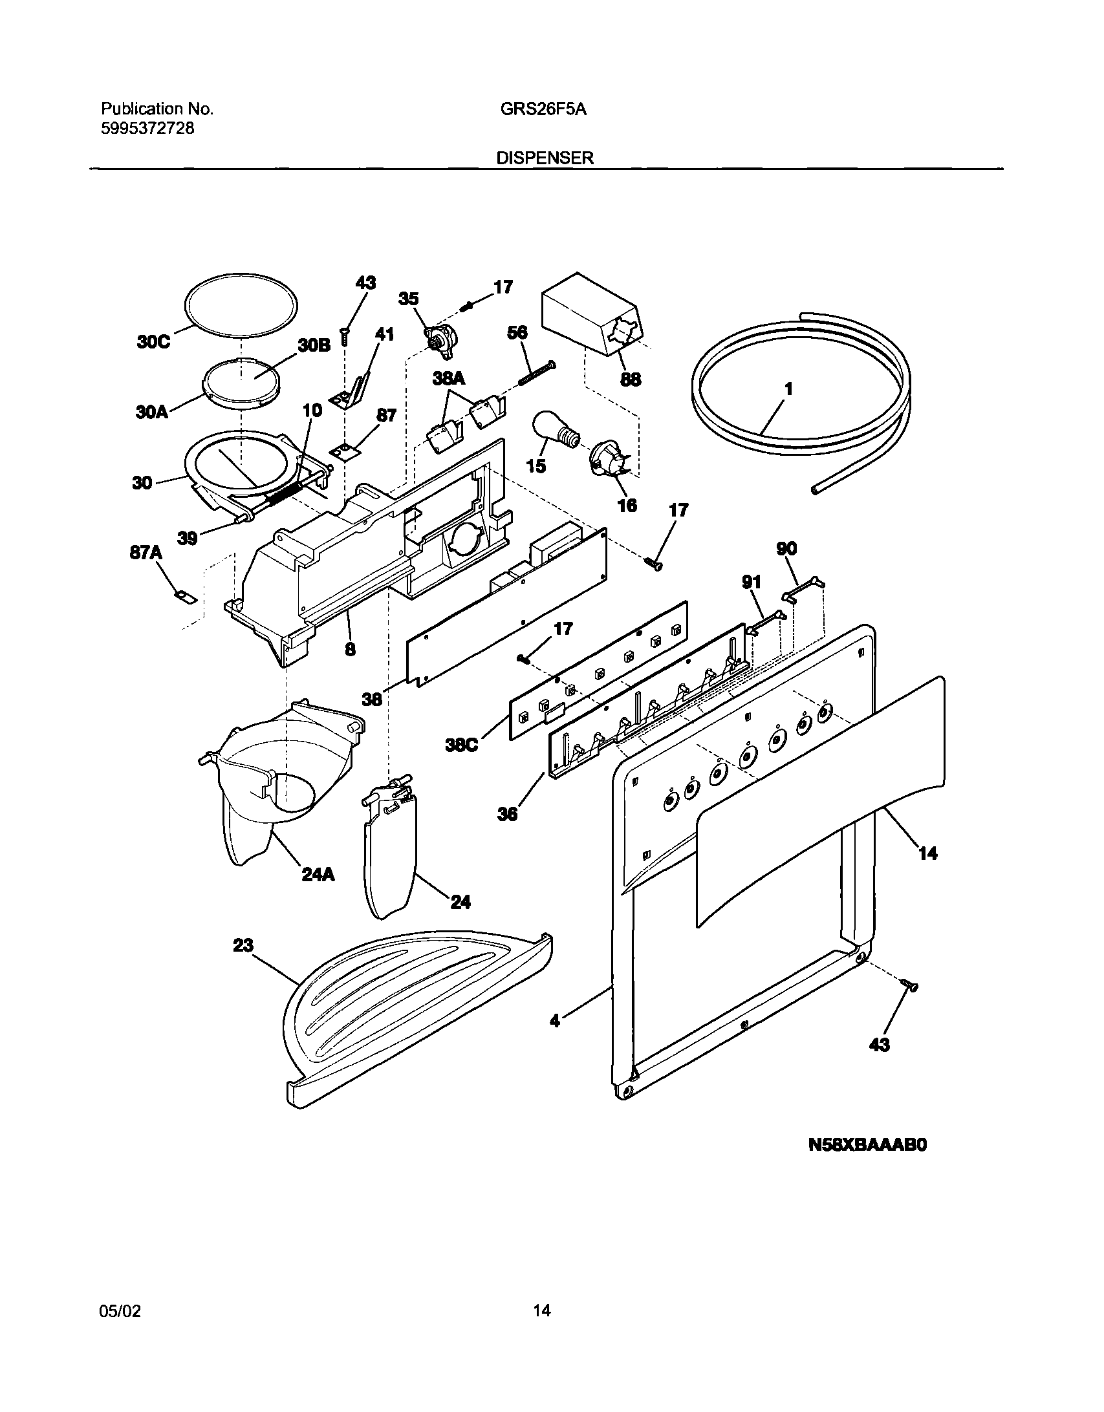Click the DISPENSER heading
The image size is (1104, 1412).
545,158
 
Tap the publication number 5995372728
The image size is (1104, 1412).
147,128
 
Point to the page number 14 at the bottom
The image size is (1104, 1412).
542,1310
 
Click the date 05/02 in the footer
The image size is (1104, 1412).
120,1310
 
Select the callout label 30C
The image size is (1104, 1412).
153,341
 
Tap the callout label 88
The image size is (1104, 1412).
631,379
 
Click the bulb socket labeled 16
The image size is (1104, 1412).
607,462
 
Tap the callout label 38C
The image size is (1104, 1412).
461,745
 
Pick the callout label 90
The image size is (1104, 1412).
786,549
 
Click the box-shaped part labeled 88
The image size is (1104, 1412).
592,317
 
